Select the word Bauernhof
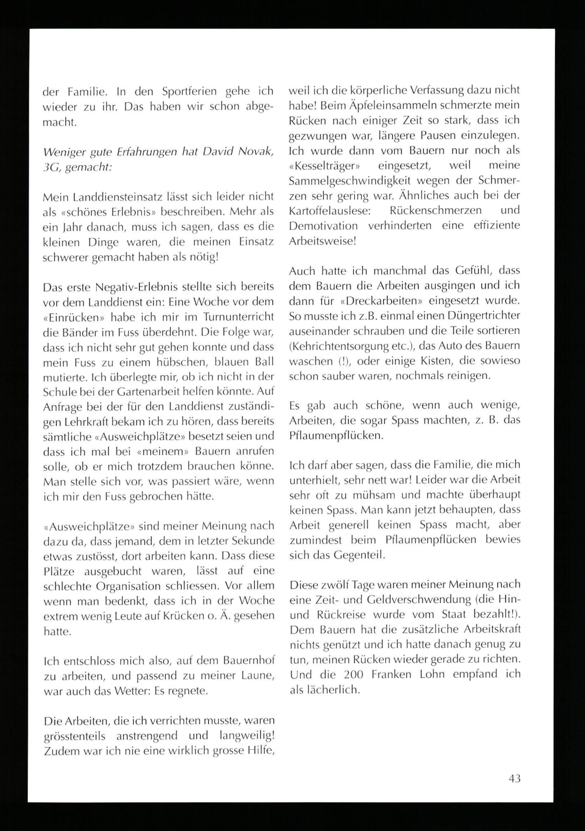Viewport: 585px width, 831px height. (249, 661)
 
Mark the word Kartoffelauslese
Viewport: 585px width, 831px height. (329, 211)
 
